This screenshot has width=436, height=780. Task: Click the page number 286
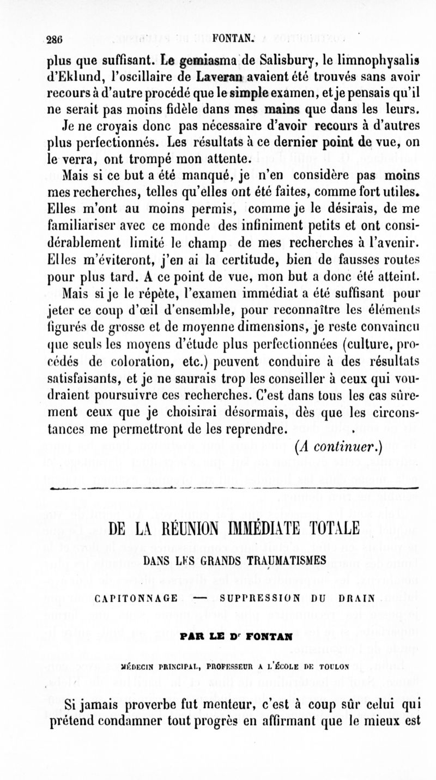coord(53,39)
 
